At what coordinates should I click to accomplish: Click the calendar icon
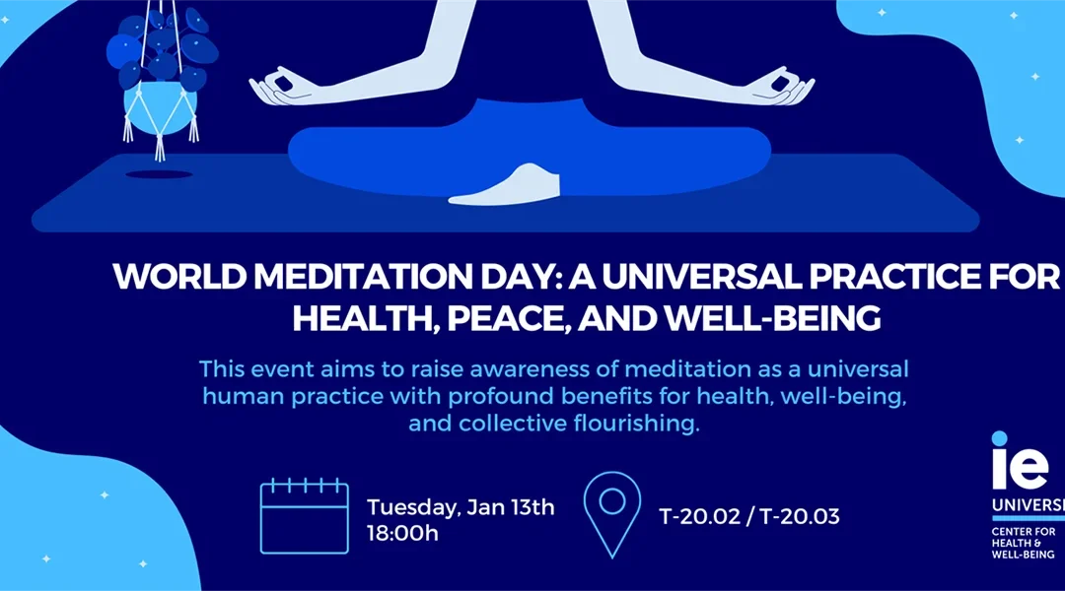[304, 515]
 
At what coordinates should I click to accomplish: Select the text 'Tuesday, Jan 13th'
[461, 507]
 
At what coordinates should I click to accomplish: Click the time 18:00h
[402, 534]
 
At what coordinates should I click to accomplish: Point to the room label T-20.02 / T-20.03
[748, 515]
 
